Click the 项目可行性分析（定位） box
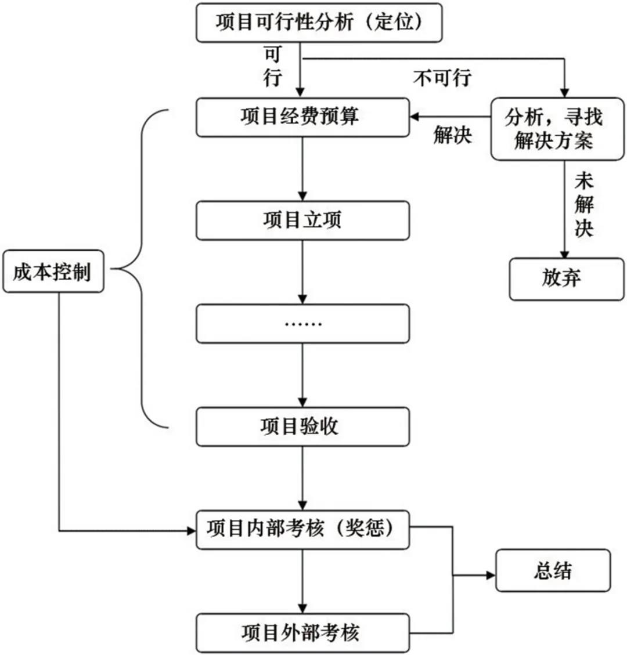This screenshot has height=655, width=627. click(x=319, y=23)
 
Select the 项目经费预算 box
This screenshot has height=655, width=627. click(x=302, y=117)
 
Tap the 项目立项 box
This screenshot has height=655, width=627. click(x=302, y=220)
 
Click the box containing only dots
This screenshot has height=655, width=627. click(x=302, y=323)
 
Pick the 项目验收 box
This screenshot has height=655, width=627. click(x=302, y=426)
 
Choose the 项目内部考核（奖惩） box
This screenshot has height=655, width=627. click(x=302, y=529)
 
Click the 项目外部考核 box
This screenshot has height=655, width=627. click(x=302, y=632)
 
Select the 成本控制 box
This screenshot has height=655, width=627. click(x=53, y=271)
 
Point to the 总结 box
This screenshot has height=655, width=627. click(x=553, y=570)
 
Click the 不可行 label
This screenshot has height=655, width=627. click(x=442, y=78)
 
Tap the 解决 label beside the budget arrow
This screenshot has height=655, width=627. click(x=452, y=135)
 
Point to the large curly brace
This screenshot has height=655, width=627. click(x=142, y=269)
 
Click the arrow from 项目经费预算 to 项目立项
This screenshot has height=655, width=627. click(x=302, y=169)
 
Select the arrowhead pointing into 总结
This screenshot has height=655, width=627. click(x=491, y=575)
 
